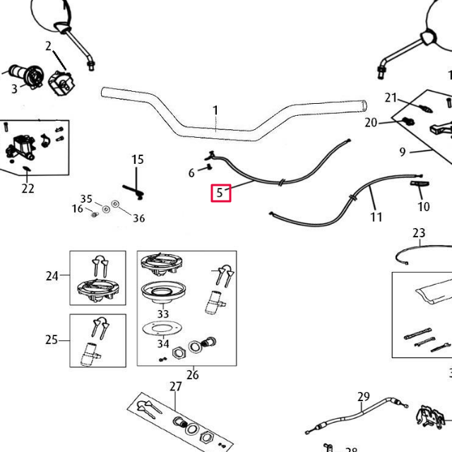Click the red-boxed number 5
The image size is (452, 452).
(x=221, y=192)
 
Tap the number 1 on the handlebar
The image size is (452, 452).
(x=215, y=111)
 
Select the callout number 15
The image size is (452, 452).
(x=137, y=160)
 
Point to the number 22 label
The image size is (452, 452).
(x=28, y=188)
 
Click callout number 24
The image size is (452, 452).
(x=52, y=276)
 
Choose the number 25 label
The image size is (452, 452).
(x=52, y=340)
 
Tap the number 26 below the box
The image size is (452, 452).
(x=192, y=375)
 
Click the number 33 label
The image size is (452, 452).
(x=163, y=314)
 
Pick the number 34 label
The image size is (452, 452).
(x=163, y=344)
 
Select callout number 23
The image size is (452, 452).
(x=419, y=232)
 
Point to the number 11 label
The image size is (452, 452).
(x=376, y=218)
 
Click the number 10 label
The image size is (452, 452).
(x=423, y=207)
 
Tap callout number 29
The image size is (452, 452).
(x=364, y=397)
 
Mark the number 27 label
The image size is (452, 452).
(x=176, y=386)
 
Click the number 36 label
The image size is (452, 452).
(x=139, y=218)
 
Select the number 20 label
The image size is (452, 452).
(x=371, y=123)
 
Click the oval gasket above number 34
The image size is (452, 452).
(x=164, y=329)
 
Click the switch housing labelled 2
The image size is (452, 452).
(x=61, y=82)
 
